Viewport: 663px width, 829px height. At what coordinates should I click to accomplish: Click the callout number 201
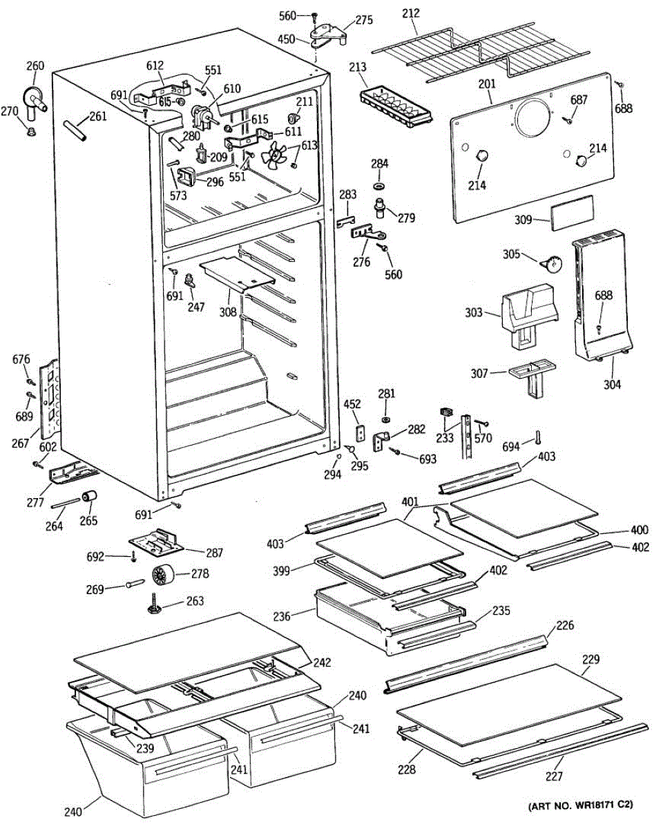[x=488, y=84]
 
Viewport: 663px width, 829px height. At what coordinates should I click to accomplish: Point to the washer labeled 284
[x=380, y=187]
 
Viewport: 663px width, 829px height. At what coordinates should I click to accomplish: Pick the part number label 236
[x=302, y=613]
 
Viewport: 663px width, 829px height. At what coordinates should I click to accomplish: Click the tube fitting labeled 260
[x=32, y=97]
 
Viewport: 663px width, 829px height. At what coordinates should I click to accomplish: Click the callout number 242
[x=321, y=662]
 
